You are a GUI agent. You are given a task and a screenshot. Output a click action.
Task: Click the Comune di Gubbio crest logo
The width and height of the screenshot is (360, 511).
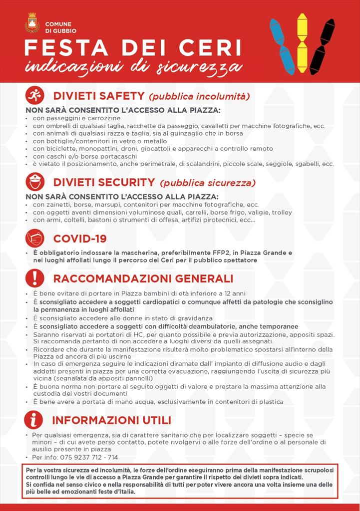pos(32,23)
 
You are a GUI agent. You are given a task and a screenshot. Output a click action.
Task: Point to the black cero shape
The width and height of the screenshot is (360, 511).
pos(322,46)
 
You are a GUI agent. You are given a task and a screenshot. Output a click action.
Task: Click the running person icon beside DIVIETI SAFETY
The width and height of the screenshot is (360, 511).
pos(35,95)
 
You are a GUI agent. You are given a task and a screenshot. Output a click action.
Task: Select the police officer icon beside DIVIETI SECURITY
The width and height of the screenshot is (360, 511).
pos(35,182)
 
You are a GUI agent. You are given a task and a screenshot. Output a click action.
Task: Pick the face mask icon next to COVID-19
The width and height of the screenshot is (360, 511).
pos(35,238)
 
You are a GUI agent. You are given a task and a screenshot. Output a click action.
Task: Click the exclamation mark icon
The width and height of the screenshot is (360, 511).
pos(35,278)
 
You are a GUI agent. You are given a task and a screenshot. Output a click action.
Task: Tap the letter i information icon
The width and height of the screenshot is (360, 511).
pos(34,420)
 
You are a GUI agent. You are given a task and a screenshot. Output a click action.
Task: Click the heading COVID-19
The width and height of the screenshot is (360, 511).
pos(80,239)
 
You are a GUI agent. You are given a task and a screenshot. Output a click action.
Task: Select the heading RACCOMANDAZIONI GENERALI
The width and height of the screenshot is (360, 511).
pos(143,278)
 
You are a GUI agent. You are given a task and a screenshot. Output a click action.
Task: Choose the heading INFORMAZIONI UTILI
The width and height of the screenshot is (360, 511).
pos(111,420)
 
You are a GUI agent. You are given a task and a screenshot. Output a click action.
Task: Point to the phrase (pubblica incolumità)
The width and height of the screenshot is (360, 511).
pos(199,96)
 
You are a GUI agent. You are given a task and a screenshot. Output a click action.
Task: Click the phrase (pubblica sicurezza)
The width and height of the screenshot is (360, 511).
pos(207,183)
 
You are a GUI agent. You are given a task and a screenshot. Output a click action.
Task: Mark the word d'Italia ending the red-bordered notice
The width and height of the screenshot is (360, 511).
pos(122,492)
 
